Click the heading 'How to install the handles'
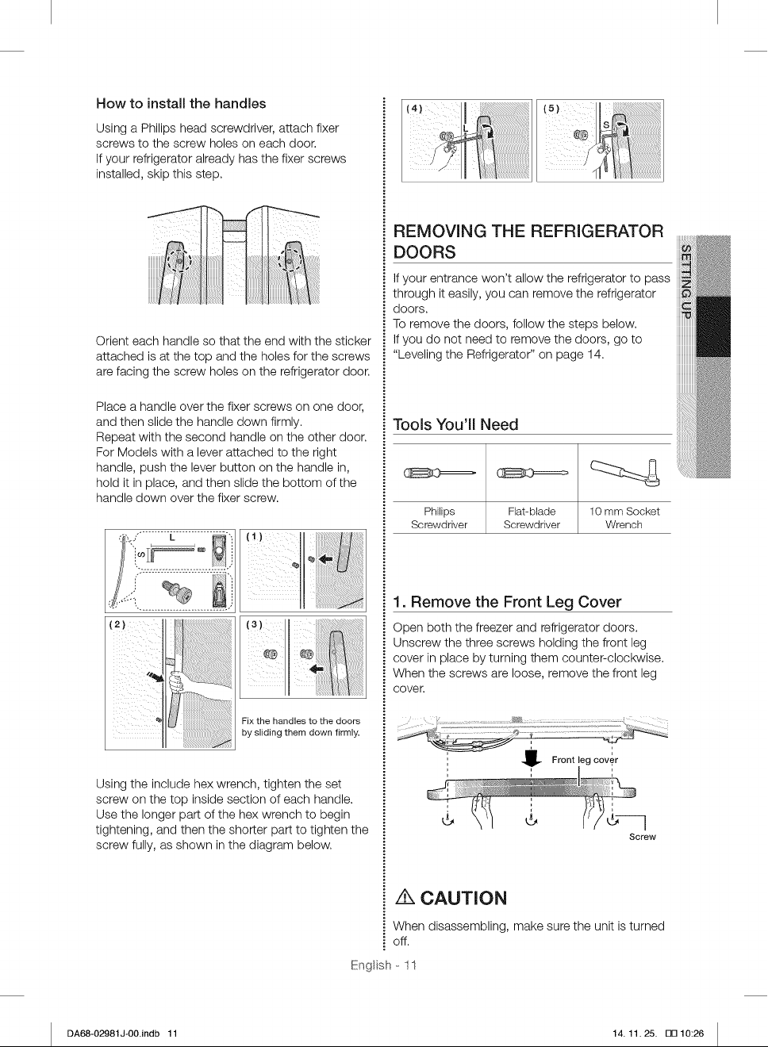181,103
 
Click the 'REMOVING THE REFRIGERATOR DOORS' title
528,241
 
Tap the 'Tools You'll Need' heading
455,424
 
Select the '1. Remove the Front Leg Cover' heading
507,601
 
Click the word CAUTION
463,898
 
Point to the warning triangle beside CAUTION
405,897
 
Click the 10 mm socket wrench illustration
625,473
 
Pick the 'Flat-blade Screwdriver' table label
532,518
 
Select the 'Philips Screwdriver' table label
439,518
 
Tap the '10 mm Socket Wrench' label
624,518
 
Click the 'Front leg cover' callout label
585,760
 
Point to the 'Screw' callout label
643,837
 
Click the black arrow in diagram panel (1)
326,558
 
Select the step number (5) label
551,109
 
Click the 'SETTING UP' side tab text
685,281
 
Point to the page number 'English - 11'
383,975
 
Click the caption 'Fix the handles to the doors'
301,721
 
